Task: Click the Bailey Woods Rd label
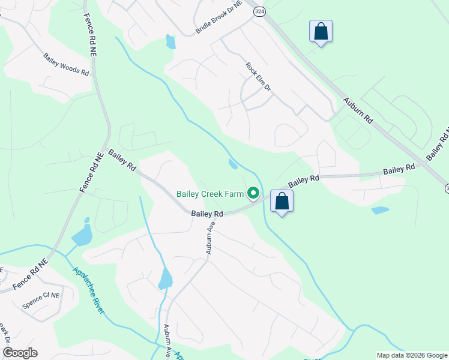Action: (65, 65)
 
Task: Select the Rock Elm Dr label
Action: (259, 77)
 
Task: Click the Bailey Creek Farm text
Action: (210, 194)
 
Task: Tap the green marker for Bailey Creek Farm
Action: (253, 193)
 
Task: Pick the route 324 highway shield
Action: (259, 12)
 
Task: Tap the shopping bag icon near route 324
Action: (321, 32)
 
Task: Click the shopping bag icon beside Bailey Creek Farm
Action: (282, 202)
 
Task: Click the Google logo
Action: (20, 352)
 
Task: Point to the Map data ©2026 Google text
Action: (411, 355)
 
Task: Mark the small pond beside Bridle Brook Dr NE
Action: (170, 41)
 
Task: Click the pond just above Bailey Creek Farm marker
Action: (233, 163)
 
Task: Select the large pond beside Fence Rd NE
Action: (82, 234)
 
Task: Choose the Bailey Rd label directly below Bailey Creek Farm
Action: (207, 214)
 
